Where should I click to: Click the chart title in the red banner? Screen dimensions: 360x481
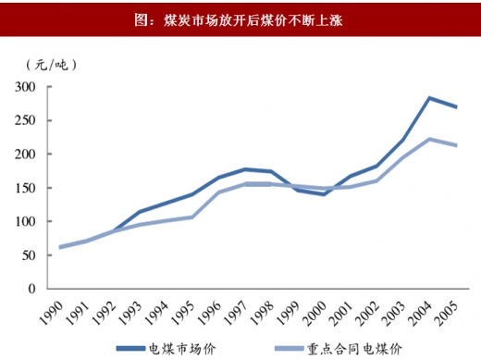240,19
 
